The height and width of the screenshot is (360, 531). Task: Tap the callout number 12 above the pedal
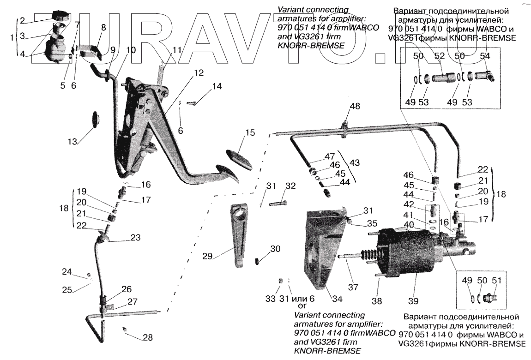click(x=198, y=72)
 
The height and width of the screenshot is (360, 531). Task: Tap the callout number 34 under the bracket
click(x=337, y=299)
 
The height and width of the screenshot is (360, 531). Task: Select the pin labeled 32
click(x=279, y=202)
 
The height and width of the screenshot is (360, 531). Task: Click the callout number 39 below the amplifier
click(x=413, y=301)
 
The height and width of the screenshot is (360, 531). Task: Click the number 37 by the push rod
click(x=353, y=287)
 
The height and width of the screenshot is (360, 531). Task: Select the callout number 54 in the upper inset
click(x=485, y=56)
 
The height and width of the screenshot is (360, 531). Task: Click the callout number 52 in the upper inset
click(x=440, y=56)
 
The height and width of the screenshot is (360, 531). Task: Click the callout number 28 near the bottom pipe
click(x=147, y=337)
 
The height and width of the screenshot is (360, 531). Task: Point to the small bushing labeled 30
click(x=259, y=262)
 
